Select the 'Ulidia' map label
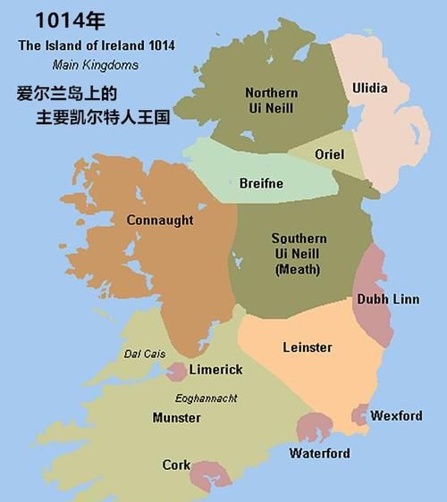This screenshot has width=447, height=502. point(370,88)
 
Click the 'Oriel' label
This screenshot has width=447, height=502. point(329,155)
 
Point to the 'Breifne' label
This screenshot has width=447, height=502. point(261,183)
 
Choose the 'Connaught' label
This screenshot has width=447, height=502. point(160,220)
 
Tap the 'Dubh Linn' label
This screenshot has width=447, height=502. point(387,299)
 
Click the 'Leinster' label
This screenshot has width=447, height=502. point(307,347)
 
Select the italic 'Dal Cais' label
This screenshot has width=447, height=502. point(144,354)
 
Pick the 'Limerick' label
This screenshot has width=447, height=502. point(215,370)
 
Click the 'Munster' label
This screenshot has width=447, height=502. point(176,417)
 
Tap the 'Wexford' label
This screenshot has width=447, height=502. point(396,416)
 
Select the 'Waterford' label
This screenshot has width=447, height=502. point(319,453)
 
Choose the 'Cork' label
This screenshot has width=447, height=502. point(175,465)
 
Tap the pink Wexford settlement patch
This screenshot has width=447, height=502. point(359,414)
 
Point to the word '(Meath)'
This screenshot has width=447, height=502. point(298,269)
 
